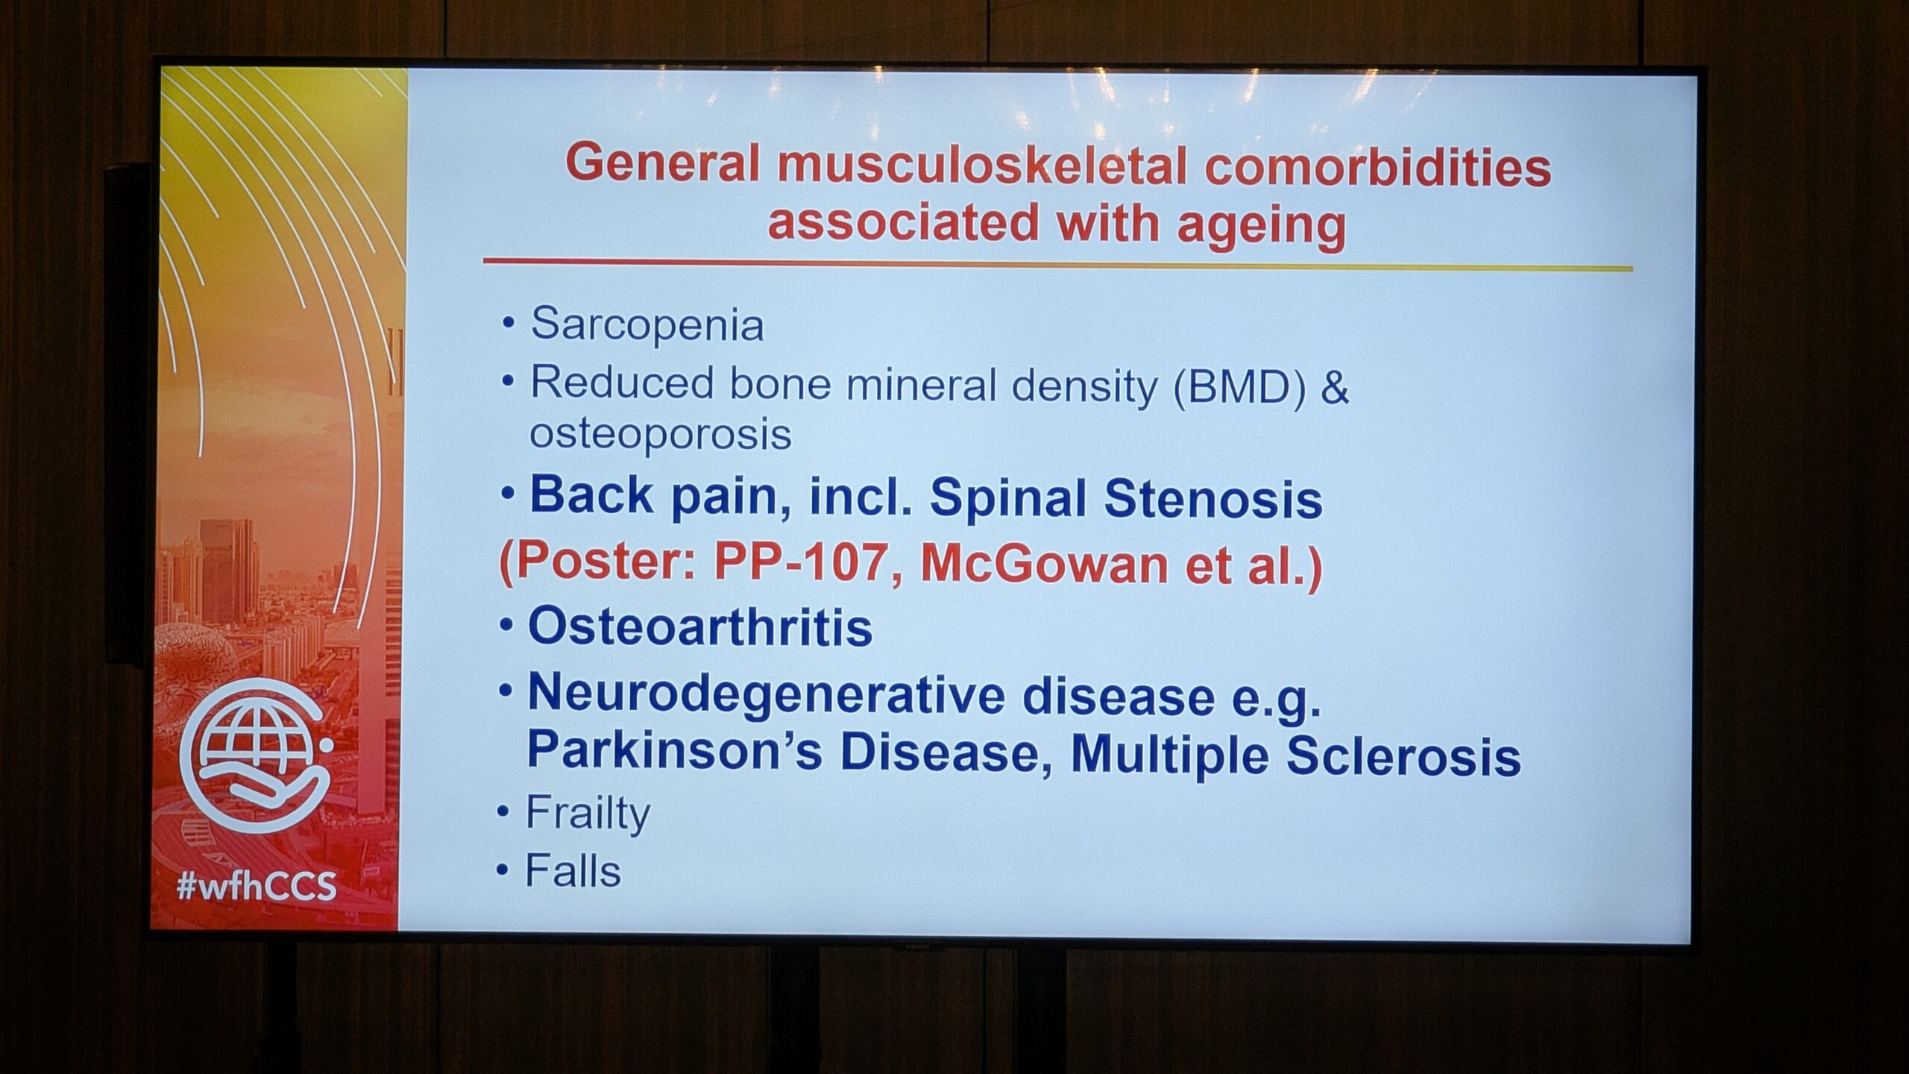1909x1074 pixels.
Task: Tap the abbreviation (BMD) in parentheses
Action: coord(1239,387)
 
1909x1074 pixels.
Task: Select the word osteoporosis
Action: coord(660,433)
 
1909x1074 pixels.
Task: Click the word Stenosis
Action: coord(1213,497)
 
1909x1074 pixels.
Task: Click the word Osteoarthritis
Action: coord(700,626)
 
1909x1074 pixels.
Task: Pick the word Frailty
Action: coord(588,813)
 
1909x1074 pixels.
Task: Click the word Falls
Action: coord(573,870)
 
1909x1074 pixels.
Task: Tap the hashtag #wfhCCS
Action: coord(257,887)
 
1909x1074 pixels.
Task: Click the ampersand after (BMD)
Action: coord(1334,388)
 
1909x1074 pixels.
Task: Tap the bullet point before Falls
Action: coord(503,870)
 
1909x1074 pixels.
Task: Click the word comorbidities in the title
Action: coord(1378,166)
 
